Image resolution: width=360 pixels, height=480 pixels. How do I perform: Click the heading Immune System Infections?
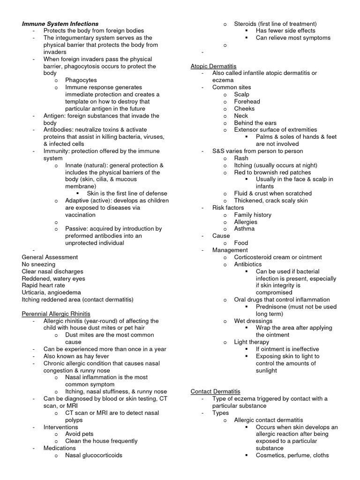coord(60,23)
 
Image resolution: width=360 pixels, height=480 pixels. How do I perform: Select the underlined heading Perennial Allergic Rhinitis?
coord(56,314)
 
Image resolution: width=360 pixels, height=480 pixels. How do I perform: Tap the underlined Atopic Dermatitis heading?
coord(213,66)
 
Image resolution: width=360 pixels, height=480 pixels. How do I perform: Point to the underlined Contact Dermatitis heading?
coord(215,391)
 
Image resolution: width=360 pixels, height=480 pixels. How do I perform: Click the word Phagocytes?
coord(81,80)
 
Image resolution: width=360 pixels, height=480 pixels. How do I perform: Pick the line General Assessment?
coord(50,257)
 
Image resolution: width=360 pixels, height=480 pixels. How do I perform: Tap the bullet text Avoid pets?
coord(79,434)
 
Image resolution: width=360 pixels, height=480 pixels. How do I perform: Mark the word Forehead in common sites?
coord(247,101)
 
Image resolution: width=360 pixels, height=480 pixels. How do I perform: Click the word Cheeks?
coord(244,108)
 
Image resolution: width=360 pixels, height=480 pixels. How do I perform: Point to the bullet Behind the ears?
coord(255,122)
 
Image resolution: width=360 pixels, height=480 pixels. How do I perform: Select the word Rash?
coord(241,158)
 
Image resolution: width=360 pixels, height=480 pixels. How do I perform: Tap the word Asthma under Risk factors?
coord(245,229)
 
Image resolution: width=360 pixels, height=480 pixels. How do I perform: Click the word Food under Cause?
coord(241,243)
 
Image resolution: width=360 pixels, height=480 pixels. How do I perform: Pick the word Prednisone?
coord(272,307)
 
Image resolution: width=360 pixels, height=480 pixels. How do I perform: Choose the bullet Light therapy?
coord(252,342)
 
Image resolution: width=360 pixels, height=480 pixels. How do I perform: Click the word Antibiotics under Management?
coord(248,264)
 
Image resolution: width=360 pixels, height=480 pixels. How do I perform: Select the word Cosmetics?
coord(271,455)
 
